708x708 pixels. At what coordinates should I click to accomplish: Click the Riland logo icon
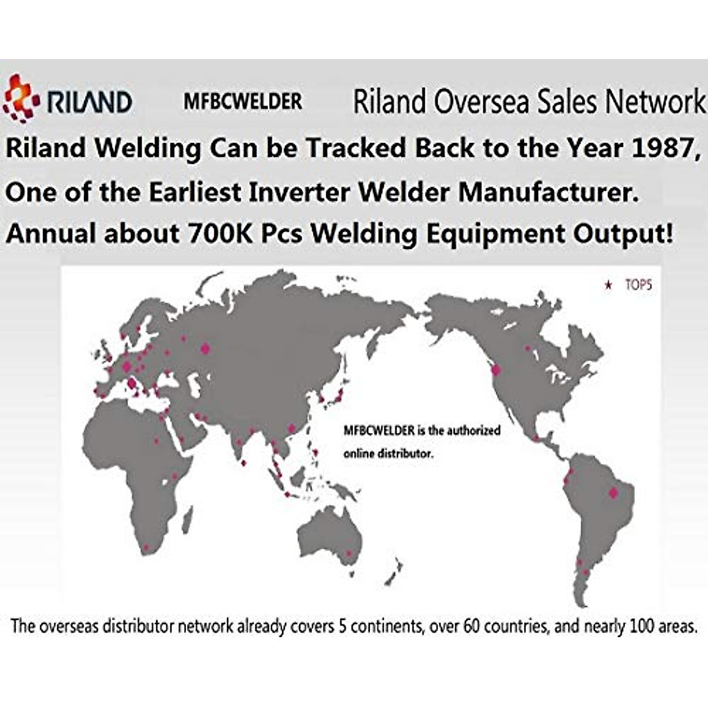coord(21,98)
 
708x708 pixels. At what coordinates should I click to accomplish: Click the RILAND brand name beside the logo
coord(89,102)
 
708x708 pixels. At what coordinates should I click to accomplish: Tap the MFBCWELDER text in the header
coord(242,101)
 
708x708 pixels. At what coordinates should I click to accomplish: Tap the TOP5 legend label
coord(638,286)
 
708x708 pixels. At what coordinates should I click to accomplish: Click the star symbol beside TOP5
coord(609,286)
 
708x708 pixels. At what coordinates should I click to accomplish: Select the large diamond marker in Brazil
coord(614,492)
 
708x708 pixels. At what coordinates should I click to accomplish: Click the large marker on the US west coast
coord(496,370)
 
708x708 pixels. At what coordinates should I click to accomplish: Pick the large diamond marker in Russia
coord(205,349)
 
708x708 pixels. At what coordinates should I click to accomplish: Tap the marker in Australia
coord(349,553)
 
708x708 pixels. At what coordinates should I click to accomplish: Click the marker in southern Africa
coord(155,546)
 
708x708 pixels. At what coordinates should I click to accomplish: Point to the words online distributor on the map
coord(388,454)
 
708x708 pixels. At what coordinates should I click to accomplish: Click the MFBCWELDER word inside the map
coord(379,431)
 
